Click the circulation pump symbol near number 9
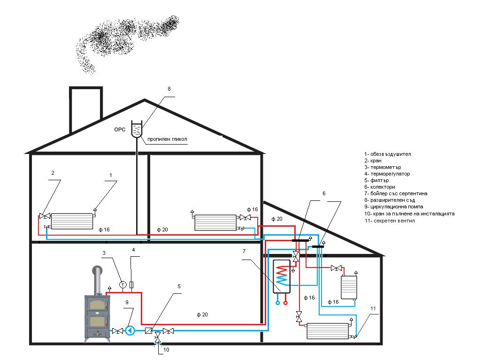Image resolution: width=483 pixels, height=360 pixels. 130,330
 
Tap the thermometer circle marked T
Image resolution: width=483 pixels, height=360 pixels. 123,284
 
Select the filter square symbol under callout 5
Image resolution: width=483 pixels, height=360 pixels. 148,330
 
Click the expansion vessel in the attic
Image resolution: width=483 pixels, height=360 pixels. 137,129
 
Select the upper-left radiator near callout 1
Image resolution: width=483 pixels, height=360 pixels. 72,221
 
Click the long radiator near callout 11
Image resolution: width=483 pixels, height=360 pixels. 328,331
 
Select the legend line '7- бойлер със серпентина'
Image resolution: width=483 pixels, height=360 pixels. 395,193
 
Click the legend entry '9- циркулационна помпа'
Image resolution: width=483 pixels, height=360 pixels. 393,207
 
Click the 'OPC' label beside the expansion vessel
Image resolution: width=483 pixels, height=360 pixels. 120,130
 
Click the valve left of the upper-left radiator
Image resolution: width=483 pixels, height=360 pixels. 45,216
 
